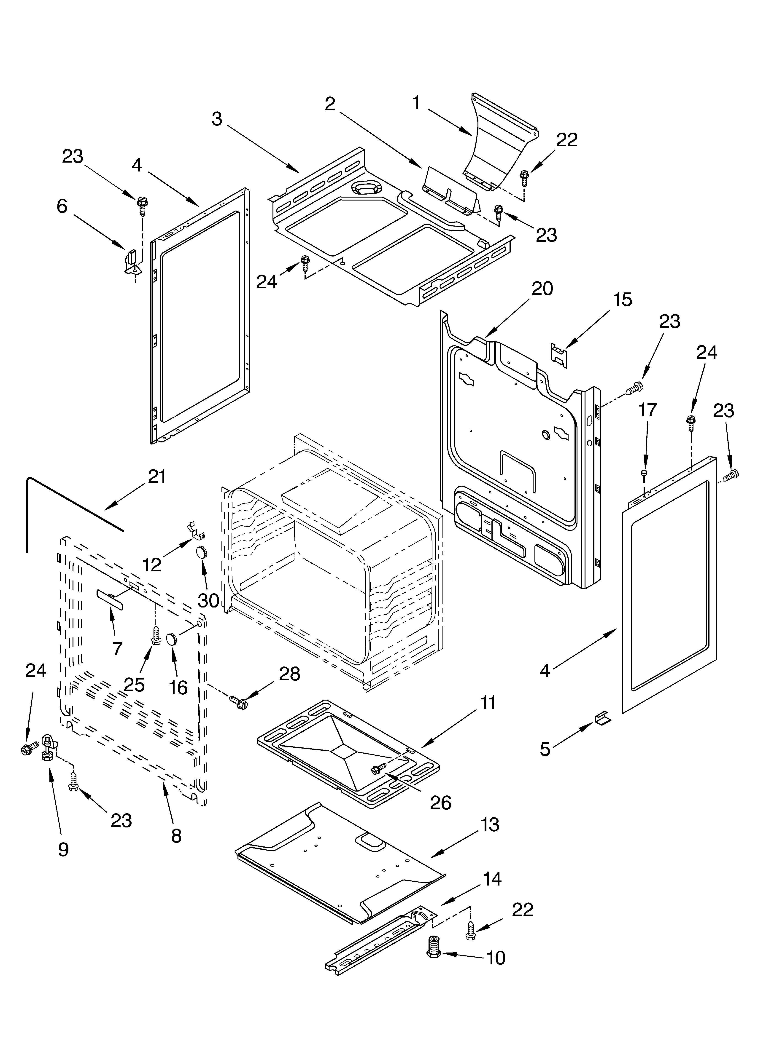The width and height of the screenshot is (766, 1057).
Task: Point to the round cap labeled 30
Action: [202, 553]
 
